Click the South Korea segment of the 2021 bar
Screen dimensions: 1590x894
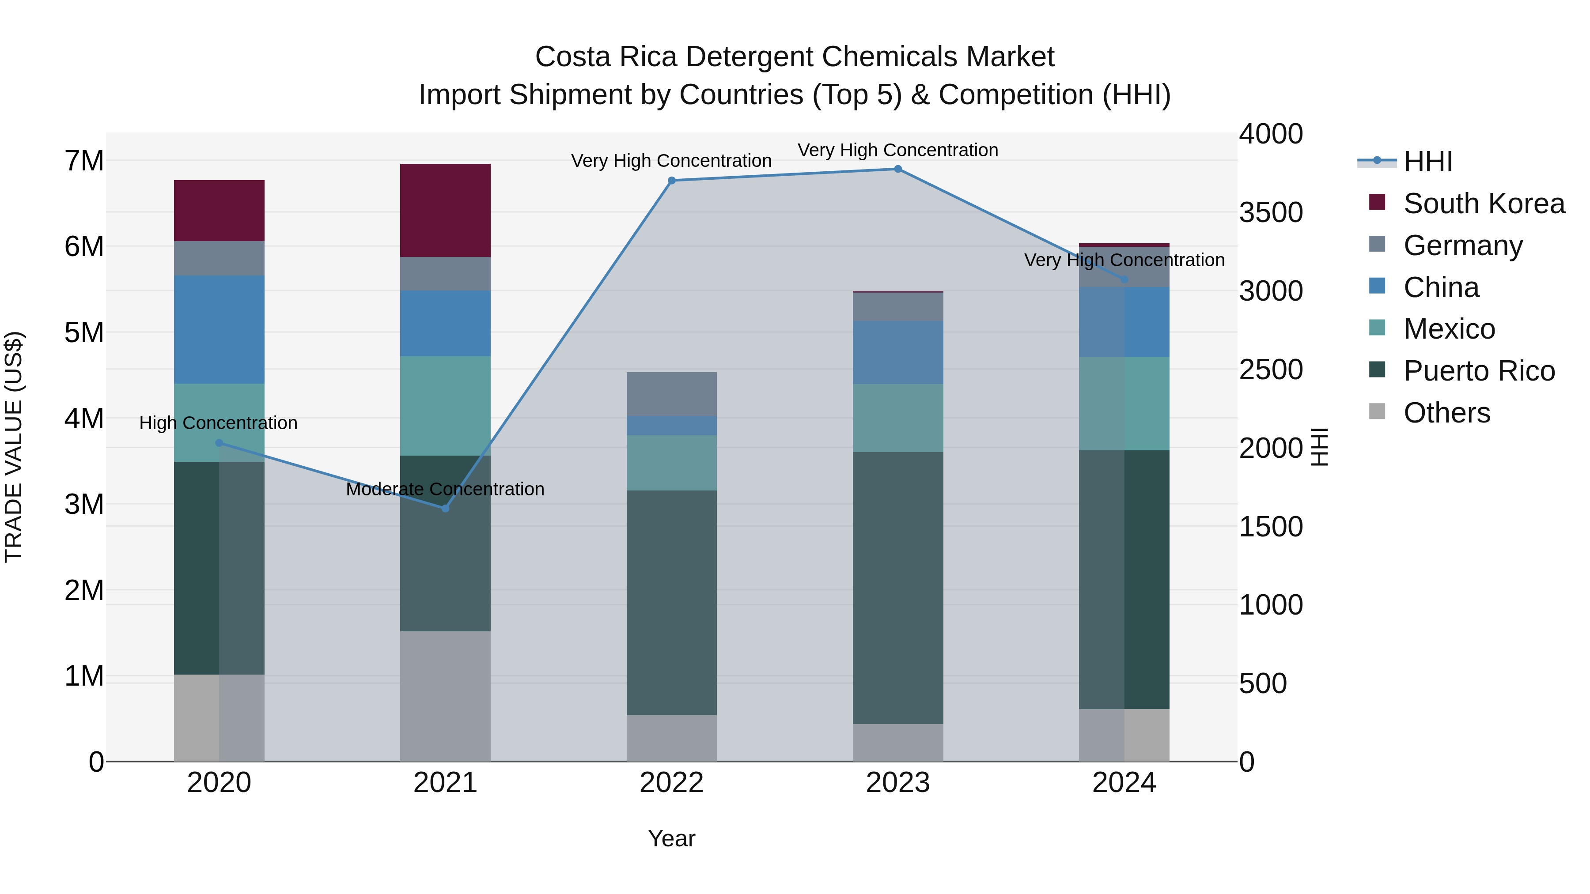click(445, 211)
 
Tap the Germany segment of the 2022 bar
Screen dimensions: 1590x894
click(671, 394)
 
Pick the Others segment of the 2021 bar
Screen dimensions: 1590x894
click(445, 696)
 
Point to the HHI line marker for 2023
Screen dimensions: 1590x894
click(897, 169)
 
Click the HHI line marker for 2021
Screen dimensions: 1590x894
click(445, 509)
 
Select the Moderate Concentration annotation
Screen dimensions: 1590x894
click(445, 489)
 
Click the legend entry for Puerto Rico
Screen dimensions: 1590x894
click(1478, 371)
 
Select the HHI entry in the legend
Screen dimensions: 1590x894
click(1427, 162)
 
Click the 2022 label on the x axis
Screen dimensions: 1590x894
click(671, 783)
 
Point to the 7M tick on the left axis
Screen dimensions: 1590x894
click(84, 161)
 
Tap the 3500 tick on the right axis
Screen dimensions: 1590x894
click(1271, 212)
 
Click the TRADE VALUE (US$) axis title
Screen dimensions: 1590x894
click(14, 447)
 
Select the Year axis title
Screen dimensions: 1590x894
click(671, 838)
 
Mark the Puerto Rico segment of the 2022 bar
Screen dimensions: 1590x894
click(671, 602)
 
